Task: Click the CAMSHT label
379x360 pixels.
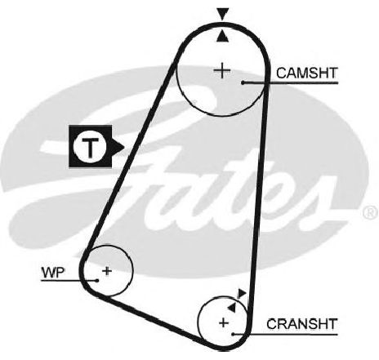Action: (x=307, y=73)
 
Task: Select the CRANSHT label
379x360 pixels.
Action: (x=302, y=324)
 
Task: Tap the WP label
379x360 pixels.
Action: (x=53, y=272)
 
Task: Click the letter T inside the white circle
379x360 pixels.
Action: (x=90, y=148)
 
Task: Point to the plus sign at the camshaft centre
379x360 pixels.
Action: (x=222, y=71)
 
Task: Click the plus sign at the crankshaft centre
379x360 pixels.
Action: (x=224, y=322)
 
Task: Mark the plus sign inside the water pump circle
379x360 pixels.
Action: (x=107, y=271)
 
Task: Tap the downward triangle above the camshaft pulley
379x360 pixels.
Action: (x=223, y=14)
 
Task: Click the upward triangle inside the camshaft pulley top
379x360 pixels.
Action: (x=223, y=36)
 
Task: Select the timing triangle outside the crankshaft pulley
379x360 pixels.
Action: (x=241, y=294)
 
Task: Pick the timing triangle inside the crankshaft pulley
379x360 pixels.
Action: (x=232, y=308)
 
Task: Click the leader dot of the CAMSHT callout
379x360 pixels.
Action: (x=243, y=82)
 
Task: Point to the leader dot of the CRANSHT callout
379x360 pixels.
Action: (x=233, y=334)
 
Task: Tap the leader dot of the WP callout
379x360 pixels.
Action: (x=96, y=281)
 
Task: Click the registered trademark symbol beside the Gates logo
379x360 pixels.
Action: (x=370, y=212)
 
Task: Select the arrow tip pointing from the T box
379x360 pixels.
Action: (x=124, y=147)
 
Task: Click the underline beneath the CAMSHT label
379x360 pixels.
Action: (x=290, y=82)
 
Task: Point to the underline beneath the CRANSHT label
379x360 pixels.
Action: (x=285, y=334)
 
